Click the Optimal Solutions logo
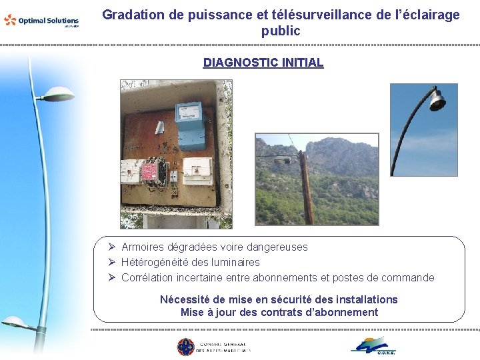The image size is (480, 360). click(41, 21)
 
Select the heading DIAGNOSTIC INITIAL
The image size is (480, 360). click(263, 63)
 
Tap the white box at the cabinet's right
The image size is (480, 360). click(198, 171)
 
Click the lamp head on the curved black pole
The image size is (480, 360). click(437, 100)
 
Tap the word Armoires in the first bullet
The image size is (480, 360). click(143, 247)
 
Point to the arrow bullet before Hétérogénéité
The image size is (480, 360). click(113, 262)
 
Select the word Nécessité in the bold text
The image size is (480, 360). click(184, 299)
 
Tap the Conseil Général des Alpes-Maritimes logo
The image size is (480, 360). click(213, 347)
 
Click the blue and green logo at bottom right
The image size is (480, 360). click(373, 345)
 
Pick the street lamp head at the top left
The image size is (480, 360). click(56, 95)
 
